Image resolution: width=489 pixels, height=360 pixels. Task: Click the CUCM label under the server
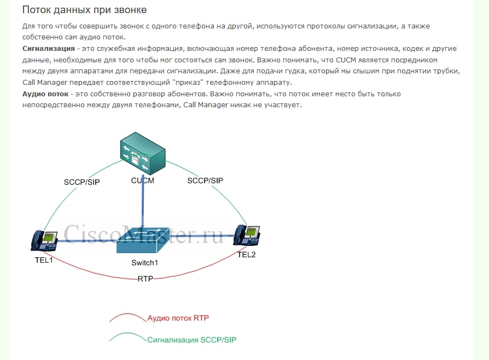click(x=142, y=181)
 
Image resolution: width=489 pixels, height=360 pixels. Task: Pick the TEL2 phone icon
click(x=246, y=235)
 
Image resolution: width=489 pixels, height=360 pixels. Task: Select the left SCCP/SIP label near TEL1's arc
click(x=82, y=182)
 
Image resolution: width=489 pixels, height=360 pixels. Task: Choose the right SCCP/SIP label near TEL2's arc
click(x=205, y=180)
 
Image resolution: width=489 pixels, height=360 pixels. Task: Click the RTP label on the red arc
click(x=145, y=278)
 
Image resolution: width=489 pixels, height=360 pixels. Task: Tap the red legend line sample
click(x=127, y=317)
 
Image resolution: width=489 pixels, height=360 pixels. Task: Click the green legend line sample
click(x=127, y=338)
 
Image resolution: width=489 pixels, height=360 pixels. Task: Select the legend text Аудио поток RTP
click(x=178, y=317)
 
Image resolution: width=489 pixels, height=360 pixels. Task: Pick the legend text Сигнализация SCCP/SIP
click(x=192, y=340)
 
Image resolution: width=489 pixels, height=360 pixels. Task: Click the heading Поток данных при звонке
click(x=84, y=10)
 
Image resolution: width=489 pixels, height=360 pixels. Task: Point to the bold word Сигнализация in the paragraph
click(x=48, y=48)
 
